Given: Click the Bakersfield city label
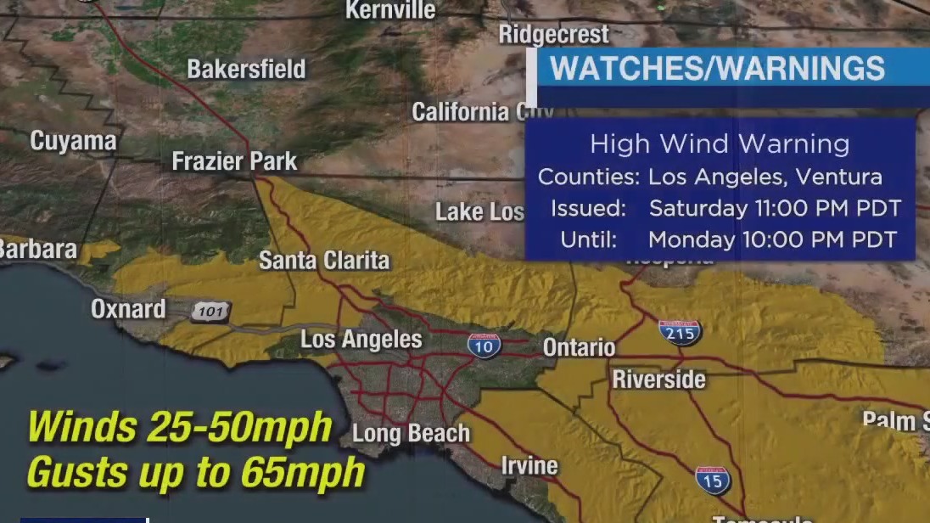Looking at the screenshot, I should (246, 70).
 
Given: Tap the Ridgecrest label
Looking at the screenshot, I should (553, 35).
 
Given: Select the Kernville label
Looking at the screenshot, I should (390, 10).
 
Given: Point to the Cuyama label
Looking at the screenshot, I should (73, 141).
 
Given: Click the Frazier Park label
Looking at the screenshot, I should (234, 161).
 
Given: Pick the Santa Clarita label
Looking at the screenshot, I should (324, 260).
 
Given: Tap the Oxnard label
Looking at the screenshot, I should (128, 309).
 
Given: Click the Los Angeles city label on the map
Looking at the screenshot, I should (361, 340).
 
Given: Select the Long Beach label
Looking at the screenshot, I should (411, 434).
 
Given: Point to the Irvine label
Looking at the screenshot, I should (529, 465).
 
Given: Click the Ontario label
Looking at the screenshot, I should (579, 347).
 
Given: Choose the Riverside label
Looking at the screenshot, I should (659, 379).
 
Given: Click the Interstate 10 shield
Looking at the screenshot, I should (484, 344).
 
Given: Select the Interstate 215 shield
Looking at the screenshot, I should (680, 332).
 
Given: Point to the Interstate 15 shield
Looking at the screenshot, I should (714, 480).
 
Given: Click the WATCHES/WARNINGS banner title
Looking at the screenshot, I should (718, 69).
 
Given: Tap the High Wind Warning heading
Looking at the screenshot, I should (720, 144).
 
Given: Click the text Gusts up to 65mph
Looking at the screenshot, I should (196, 471).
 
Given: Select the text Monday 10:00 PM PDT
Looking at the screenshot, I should (772, 239).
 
